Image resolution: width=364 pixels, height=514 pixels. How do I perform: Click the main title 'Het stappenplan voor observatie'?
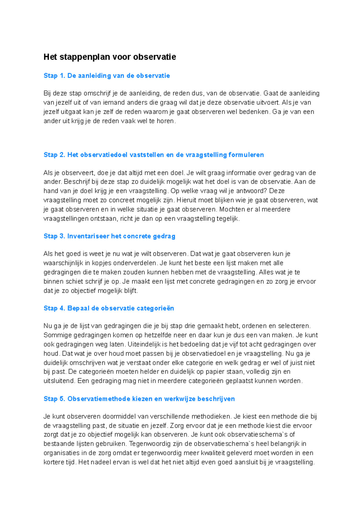point(110,57)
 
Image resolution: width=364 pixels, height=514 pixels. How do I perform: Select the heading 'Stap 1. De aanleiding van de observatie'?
point(106,76)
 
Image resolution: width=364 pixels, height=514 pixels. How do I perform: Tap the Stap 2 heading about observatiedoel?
point(153,155)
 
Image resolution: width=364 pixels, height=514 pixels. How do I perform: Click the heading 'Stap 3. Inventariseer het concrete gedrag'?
point(109,236)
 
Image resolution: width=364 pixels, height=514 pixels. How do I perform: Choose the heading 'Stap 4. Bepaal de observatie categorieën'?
point(109,308)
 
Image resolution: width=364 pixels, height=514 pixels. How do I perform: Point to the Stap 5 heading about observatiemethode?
point(139,399)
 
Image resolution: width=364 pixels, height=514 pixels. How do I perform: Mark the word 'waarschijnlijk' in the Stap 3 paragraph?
point(62,263)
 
